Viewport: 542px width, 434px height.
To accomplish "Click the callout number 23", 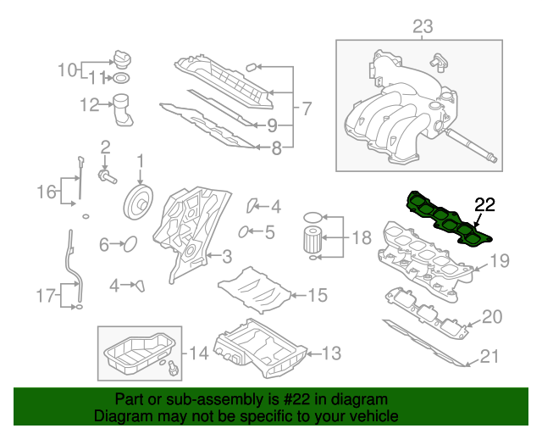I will point(422,28).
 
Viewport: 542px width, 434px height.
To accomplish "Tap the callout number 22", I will point(484,203).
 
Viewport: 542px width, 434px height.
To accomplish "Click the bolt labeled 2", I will point(108,175).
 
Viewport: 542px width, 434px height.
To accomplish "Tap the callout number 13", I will point(331,352).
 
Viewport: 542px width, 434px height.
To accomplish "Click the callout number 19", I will point(501,260).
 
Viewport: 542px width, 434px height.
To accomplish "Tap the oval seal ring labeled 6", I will point(130,244).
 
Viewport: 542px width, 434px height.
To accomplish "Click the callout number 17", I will point(45,296).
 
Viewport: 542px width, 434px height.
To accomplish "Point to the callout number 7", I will point(306,108).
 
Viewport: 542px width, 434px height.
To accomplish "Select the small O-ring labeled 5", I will point(244,231).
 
